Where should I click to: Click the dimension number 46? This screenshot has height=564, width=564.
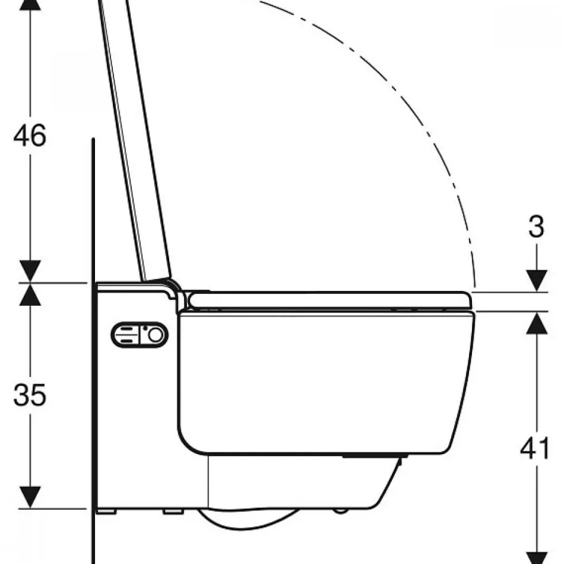click(30, 135)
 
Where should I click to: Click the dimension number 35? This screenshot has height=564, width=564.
click(30, 394)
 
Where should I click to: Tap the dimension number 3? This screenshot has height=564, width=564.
click(536, 227)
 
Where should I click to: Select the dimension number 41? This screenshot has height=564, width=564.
click(535, 448)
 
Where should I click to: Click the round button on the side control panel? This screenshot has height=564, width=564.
click(155, 335)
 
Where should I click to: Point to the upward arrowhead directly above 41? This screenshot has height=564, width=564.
click(536, 323)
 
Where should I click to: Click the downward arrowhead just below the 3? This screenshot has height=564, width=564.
click(536, 281)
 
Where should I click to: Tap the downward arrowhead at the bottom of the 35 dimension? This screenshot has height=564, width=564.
click(30, 497)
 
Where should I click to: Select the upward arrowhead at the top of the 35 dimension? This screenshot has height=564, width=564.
click(30, 294)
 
